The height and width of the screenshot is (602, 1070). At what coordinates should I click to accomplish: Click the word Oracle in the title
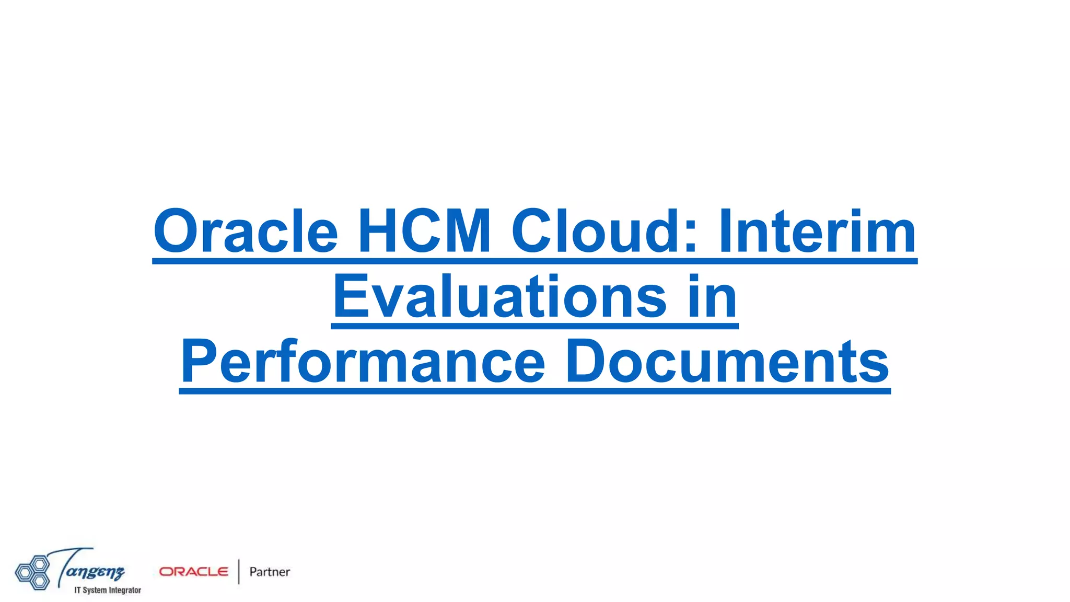(x=246, y=231)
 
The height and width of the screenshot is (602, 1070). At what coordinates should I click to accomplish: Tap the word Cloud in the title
(x=596, y=231)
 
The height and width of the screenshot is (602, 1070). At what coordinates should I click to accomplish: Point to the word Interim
(x=817, y=231)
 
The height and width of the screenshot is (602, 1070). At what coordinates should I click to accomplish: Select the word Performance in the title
(x=363, y=362)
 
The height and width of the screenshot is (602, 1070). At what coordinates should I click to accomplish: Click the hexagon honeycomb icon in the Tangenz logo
(x=32, y=572)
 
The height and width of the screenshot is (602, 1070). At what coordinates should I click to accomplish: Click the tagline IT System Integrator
(x=108, y=590)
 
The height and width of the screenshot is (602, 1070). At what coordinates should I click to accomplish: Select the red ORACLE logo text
(x=194, y=572)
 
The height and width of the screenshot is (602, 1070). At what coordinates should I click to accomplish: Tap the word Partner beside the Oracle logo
(x=270, y=572)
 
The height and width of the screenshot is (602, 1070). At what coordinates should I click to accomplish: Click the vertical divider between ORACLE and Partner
(x=239, y=572)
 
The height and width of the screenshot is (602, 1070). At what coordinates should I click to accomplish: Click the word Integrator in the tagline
(x=125, y=590)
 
